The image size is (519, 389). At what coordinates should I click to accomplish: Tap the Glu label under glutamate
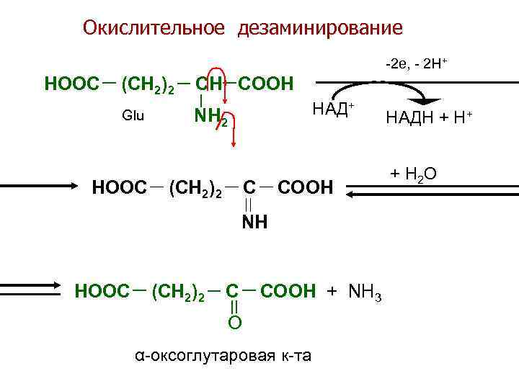(x=133, y=115)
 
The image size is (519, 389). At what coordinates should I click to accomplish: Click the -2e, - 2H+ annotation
(x=417, y=63)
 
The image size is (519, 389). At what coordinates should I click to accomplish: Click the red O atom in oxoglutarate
(x=235, y=323)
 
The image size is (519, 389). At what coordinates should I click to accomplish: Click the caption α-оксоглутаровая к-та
(x=223, y=355)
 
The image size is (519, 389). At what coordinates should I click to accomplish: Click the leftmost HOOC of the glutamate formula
(x=71, y=84)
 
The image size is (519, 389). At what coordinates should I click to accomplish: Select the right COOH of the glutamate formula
(x=265, y=84)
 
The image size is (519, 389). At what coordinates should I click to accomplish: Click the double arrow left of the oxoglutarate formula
(x=29, y=288)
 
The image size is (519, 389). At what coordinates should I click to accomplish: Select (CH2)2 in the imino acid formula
(x=195, y=189)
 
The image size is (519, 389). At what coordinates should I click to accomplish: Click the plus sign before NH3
(x=332, y=291)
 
